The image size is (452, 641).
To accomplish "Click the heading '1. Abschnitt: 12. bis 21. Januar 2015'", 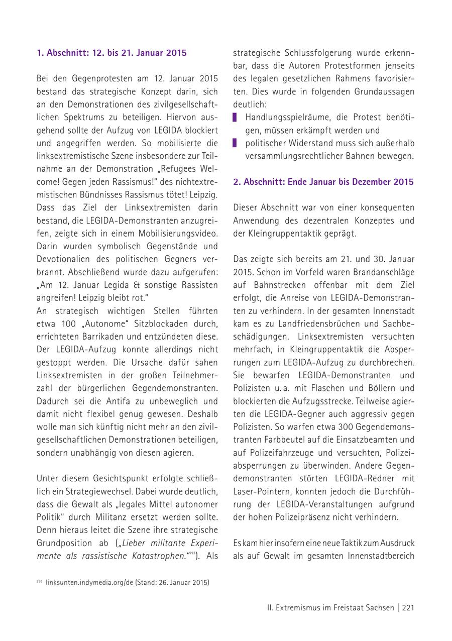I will tap(111, 53).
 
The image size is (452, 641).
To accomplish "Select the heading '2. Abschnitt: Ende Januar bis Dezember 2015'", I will tap(323, 182).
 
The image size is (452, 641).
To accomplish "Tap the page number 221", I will tap(408, 607).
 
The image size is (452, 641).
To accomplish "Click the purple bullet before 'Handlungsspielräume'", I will tap(235, 117).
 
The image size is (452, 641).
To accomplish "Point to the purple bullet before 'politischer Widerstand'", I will tap(235, 143).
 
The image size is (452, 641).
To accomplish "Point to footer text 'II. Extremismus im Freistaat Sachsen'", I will tap(330, 607).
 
